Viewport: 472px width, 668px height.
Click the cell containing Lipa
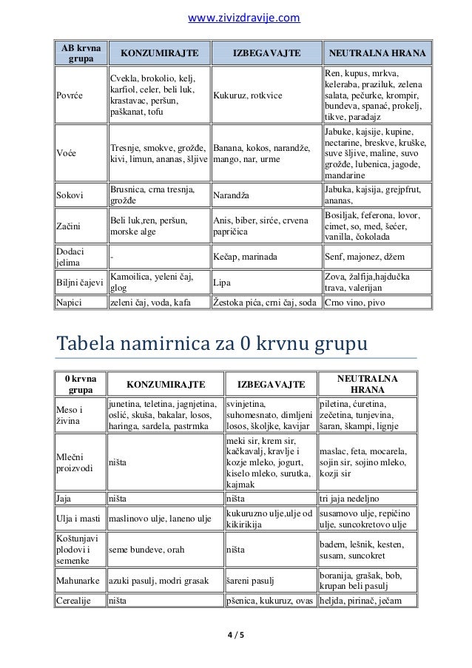(221, 282)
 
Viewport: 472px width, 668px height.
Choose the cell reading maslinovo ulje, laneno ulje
(156, 518)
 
